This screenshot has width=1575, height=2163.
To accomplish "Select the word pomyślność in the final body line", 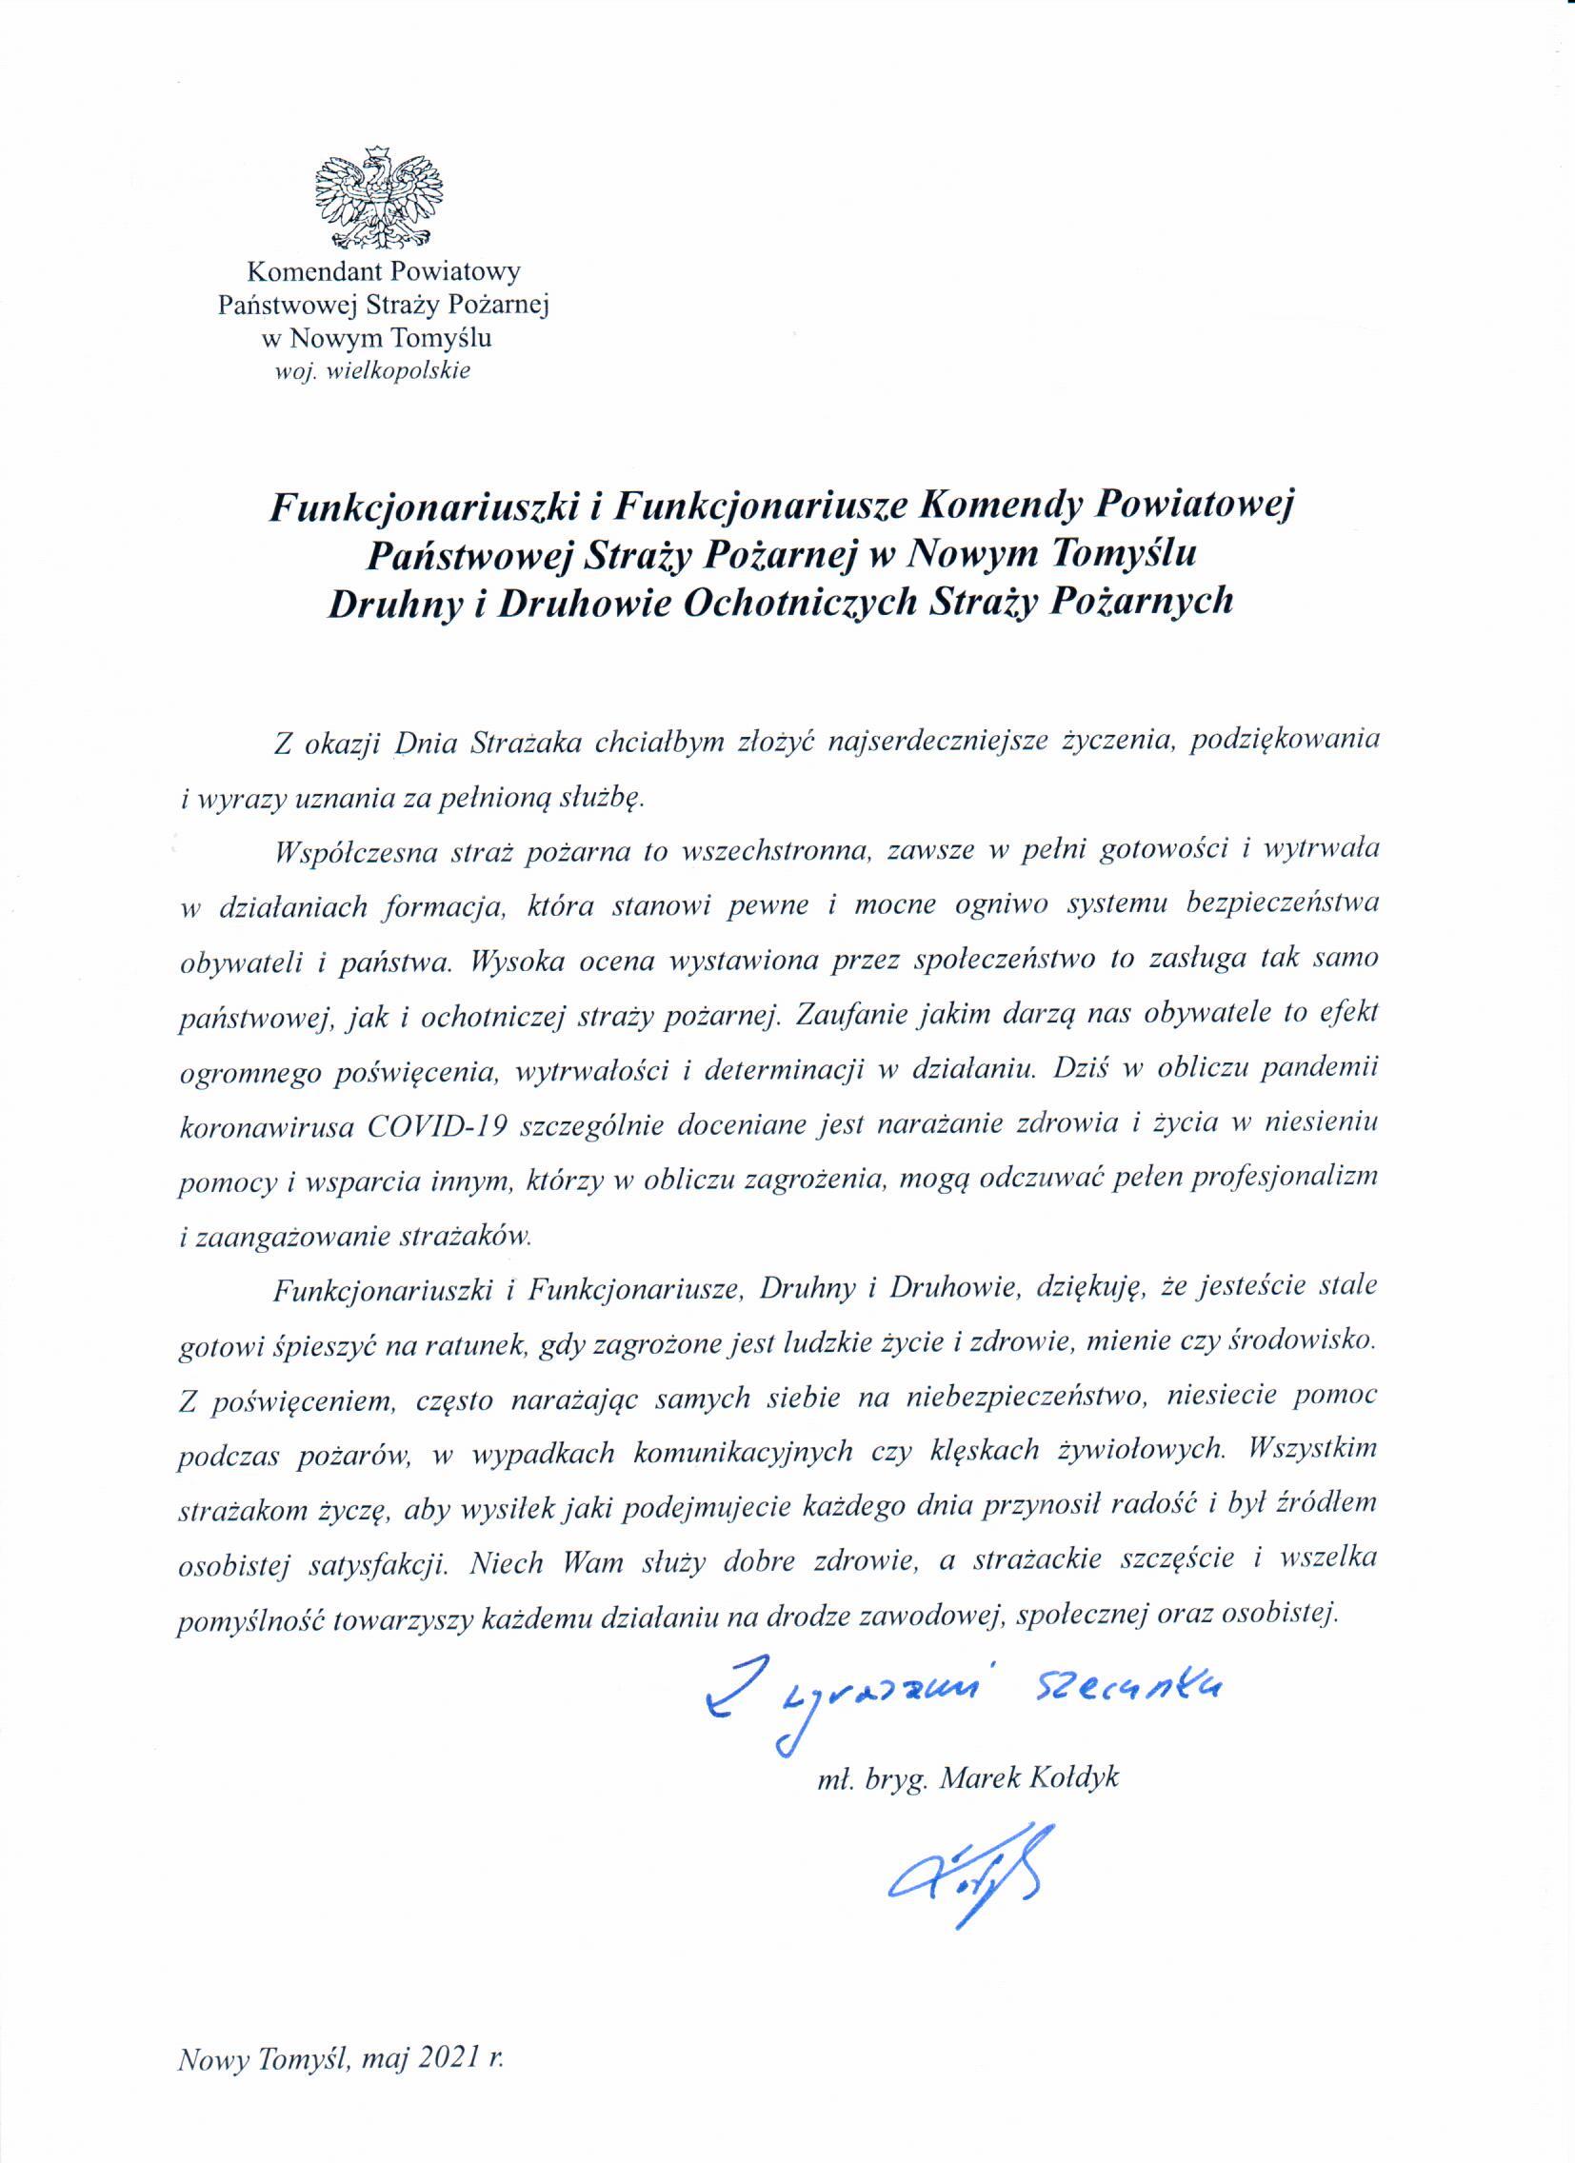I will pyautogui.click(x=247, y=1618).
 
